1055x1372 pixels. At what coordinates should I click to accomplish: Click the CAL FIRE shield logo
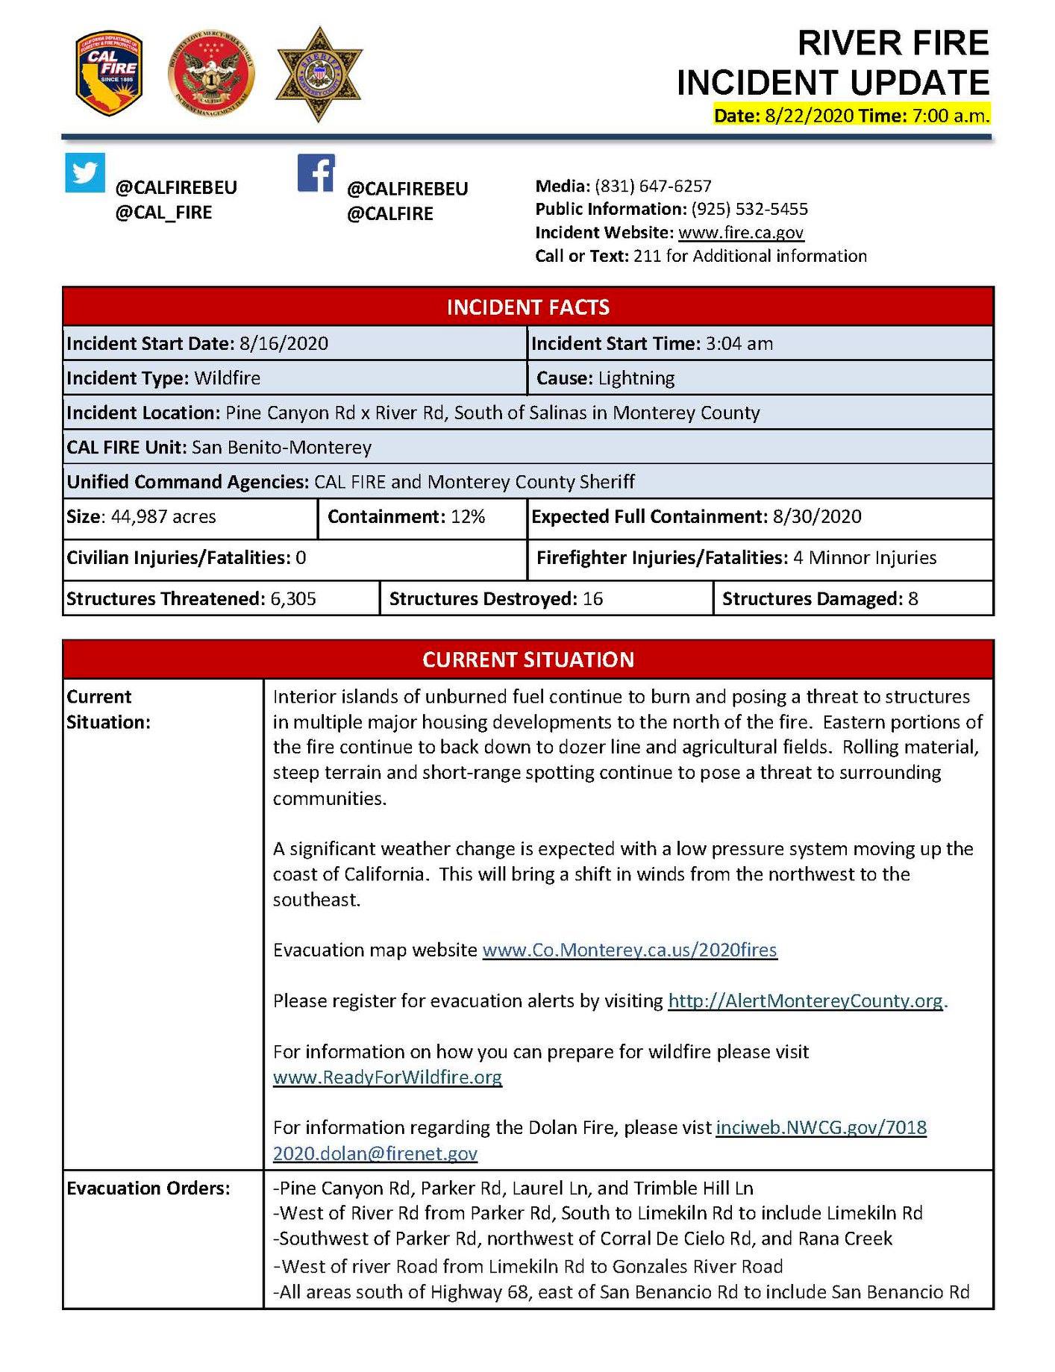[x=109, y=74]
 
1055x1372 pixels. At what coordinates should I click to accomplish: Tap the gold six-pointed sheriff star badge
[x=319, y=74]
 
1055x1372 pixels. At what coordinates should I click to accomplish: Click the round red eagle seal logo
[x=212, y=75]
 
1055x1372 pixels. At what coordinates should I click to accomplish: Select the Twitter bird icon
[x=85, y=172]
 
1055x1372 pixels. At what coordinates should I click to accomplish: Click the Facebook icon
[x=316, y=173]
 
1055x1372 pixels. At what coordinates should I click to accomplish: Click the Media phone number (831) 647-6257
[x=653, y=186]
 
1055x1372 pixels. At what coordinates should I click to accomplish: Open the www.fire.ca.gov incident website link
[x=740, y=232]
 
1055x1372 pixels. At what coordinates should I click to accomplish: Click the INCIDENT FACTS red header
[x=527, y=307]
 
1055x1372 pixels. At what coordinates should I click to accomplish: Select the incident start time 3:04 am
[x=739, y=343]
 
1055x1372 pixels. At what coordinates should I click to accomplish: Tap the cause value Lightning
[x=636, y=378]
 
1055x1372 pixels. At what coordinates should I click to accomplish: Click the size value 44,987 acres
[x=163, y=516]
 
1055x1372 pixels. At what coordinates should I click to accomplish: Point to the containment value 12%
[x=468, y=516]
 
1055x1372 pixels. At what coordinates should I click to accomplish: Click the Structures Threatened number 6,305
[x=293, y=598]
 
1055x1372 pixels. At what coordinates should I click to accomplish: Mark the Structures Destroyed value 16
[x=592, y=598]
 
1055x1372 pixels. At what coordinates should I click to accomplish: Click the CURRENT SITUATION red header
[x=527, y=660]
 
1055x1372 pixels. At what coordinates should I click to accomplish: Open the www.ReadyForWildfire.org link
[x=387, y=1077]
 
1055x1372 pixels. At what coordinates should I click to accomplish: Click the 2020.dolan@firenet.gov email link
[x=375, y=1153]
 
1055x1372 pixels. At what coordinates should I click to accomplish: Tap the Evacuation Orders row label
[x=148, y=1188]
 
